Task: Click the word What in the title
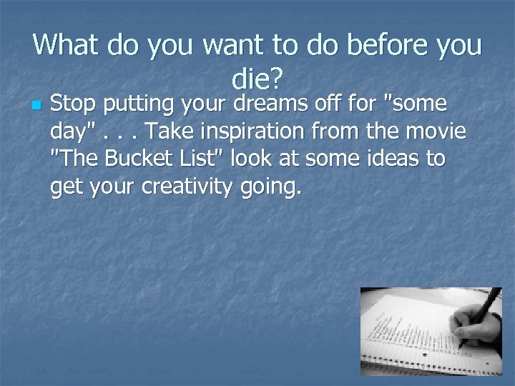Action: coord(67,45)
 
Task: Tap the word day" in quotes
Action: coord(74,132)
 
